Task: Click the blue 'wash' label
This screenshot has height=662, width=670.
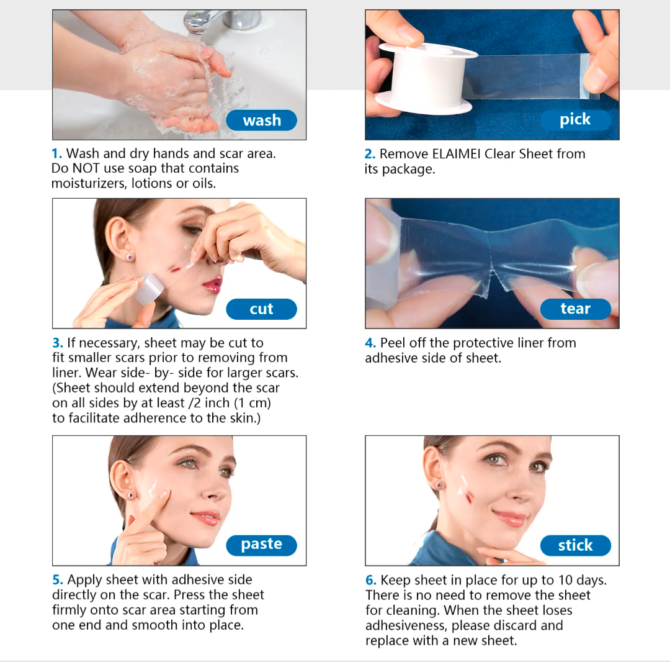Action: (x=262, y=120)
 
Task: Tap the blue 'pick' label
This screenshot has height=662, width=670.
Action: (x=576, y=119)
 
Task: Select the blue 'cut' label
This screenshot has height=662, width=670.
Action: (x=262, y=309)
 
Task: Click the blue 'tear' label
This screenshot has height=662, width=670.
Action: (x=576, y=309)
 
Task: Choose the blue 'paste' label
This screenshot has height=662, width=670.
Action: (x=262, y=545)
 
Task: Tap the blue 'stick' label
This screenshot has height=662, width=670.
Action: (x=576, y=545)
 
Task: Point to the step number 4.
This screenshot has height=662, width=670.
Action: (x=370, y=343)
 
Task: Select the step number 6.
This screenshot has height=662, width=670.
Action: (x=370, y=580)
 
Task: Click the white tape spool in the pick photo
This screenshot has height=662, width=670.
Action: (x=424, y=79)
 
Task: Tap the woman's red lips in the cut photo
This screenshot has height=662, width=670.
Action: (x=212, y=284)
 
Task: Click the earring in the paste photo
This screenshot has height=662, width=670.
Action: (x=131, y=495)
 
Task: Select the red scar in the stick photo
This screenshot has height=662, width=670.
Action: (x=469, y=498)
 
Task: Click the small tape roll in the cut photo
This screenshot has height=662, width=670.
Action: (x=148, y=289)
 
